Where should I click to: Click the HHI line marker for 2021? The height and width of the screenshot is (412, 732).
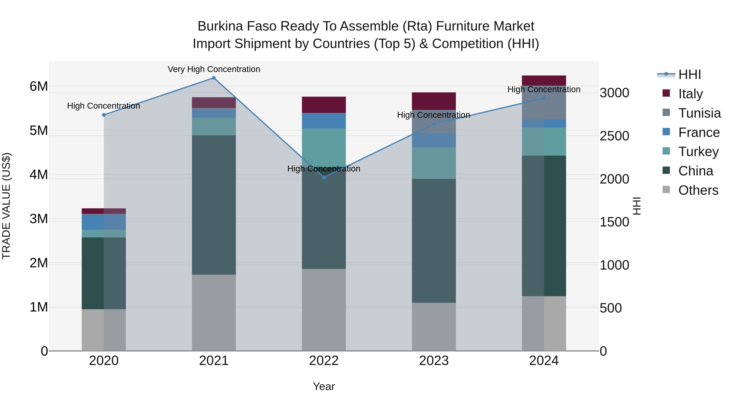(214, 78)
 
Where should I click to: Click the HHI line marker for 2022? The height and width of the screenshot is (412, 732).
(324, 177)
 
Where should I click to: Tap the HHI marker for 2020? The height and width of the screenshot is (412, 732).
(104, 115)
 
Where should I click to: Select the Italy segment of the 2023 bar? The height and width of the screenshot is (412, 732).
(434, 101)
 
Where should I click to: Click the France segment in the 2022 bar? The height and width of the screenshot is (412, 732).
(324, 121)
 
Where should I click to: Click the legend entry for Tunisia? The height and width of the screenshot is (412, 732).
(699, 113)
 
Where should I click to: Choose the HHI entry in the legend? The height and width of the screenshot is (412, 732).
(689, 74)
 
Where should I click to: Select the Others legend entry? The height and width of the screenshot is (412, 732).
(698, 190)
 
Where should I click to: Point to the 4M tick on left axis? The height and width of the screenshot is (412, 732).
(39, 175)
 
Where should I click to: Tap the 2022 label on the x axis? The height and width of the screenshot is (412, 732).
(324, 361)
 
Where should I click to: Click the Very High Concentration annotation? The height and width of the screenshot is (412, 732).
(214, 69)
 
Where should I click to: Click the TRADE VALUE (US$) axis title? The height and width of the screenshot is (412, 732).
(6, 206)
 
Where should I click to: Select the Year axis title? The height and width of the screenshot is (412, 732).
(324, 386)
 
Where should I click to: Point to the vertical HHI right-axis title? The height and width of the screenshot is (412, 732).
(637, 206)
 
